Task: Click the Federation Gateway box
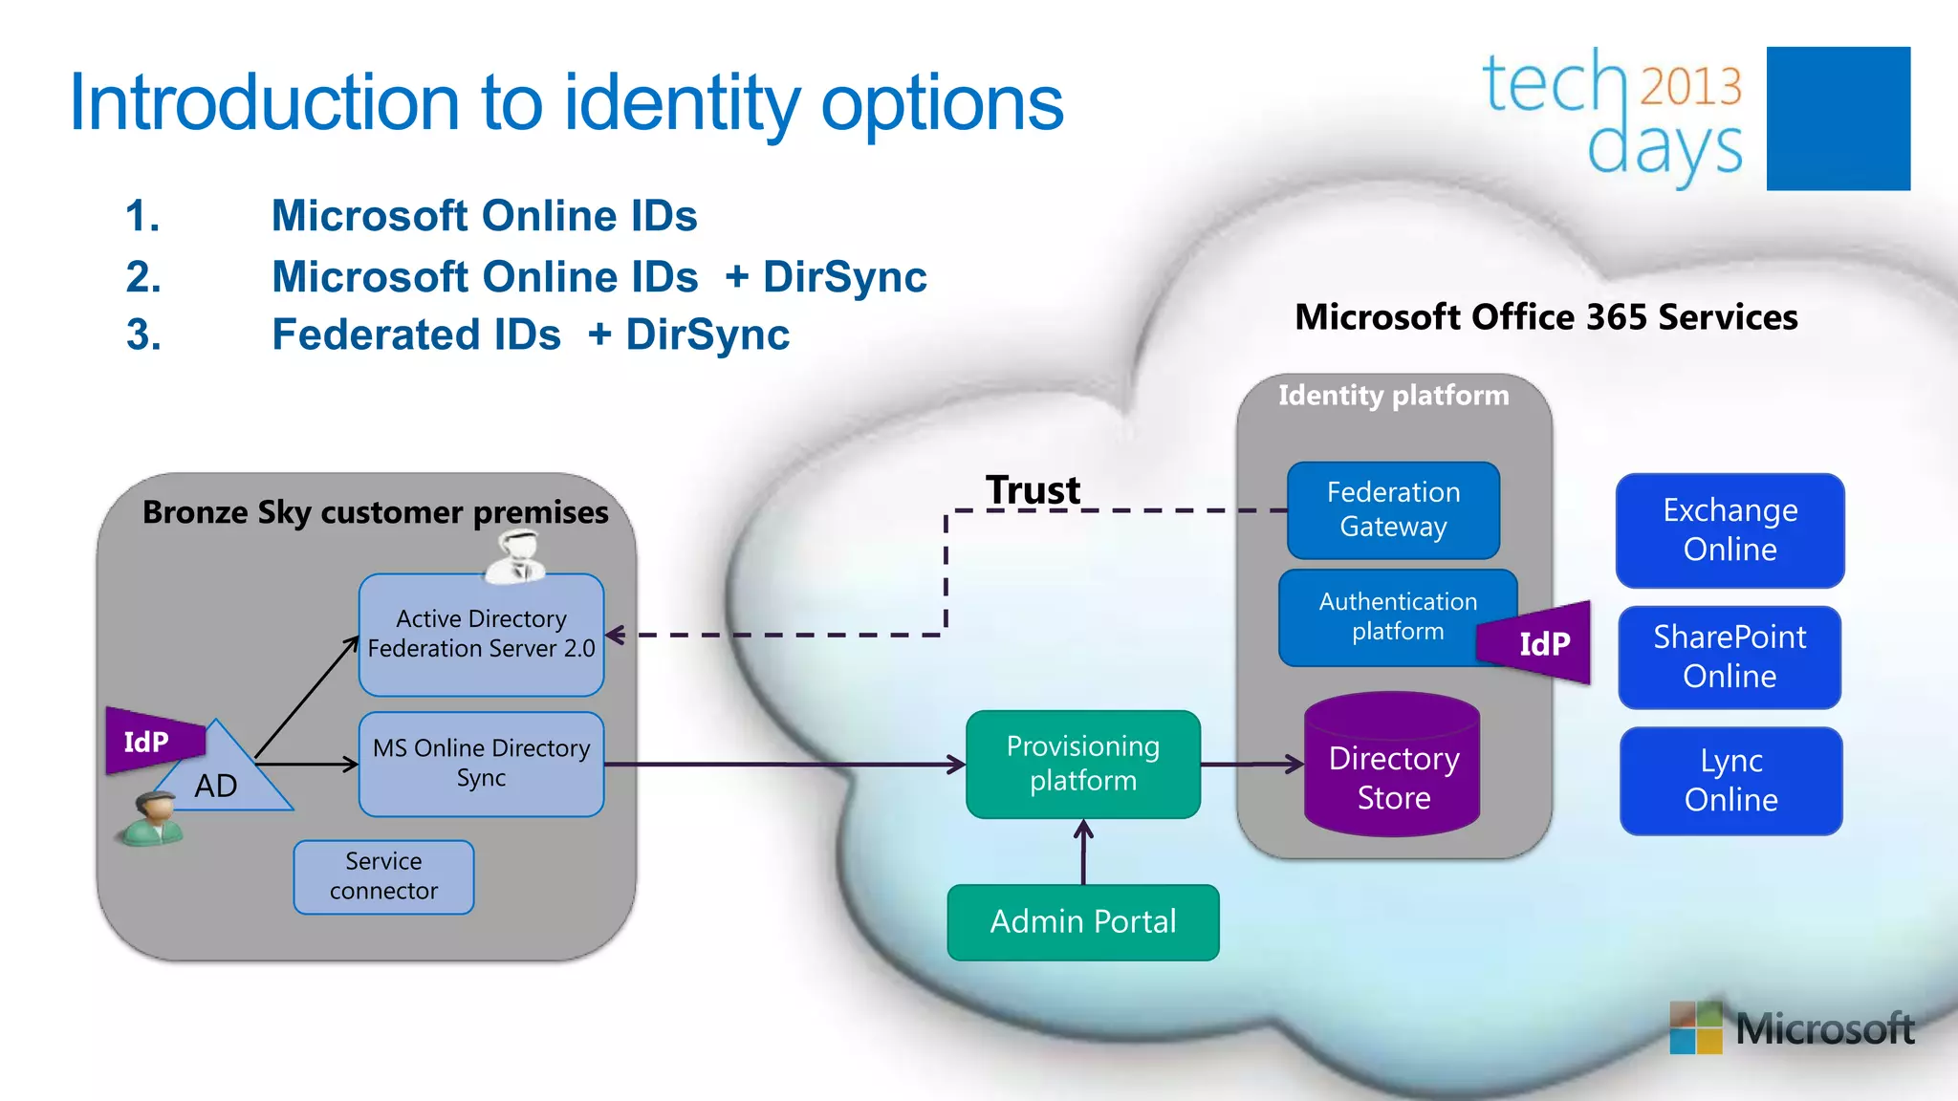[1393, 510]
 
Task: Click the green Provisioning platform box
[1082, 764]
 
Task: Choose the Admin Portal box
[1082, 922]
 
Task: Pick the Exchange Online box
[1729, 530]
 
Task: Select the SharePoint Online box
[1729, 658]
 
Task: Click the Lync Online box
[1730, 781]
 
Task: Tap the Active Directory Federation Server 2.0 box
[481, 635]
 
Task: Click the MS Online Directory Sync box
[481, 764]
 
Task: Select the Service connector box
[383, 876]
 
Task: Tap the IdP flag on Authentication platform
[1540, 643]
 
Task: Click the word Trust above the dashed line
[1033, 490]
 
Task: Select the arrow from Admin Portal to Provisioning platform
[1083, 853]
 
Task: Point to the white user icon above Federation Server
[515, 556]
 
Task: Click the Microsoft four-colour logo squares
[1695, 1028]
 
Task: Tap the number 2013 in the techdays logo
[1690, 87]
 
